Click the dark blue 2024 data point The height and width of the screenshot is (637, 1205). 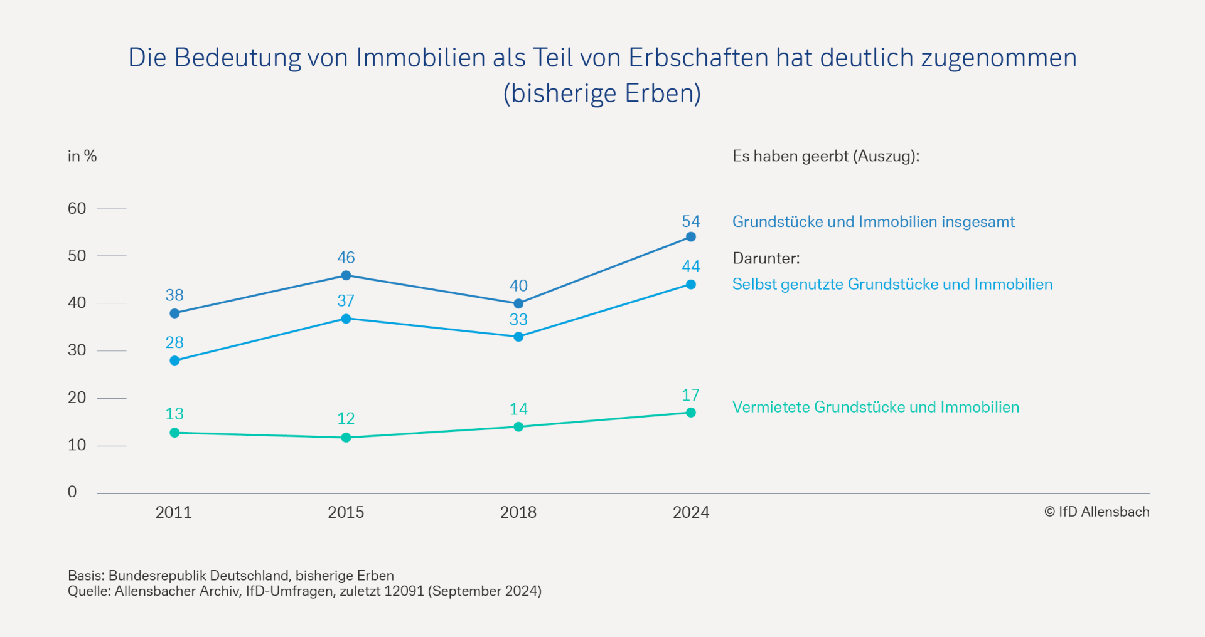tap(690, 237)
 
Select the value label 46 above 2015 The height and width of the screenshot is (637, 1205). tap(346, 258)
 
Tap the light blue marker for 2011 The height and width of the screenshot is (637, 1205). tap(174, 361)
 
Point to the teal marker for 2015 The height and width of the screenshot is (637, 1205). tap(346, 438)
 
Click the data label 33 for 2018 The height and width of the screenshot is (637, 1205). tap(518, 320)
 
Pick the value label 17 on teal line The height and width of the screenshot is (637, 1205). tap(690, 396)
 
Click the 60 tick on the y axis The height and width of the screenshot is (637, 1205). tap(77, 209)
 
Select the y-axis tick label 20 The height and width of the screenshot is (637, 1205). tap(77, 397)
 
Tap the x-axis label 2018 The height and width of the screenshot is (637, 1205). tap(518, 512)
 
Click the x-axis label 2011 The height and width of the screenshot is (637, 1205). tap(173, 512)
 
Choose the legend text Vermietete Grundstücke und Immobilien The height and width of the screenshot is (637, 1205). tap(876, 407)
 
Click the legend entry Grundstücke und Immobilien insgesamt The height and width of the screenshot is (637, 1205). tap(873, 222)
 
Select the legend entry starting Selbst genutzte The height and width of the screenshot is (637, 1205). tap(892, 284)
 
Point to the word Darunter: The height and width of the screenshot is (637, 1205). tap(766, 258)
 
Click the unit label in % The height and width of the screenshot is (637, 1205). tap(82, 156)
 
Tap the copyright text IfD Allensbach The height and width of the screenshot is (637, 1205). tap(1096, 512)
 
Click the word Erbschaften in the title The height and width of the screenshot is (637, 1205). tap(698, 58)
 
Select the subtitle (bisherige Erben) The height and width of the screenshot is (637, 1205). tap(602, 93)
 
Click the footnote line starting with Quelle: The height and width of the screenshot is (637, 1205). tap(304, 591)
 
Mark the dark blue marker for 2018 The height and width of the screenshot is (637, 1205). tap(518, 303)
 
